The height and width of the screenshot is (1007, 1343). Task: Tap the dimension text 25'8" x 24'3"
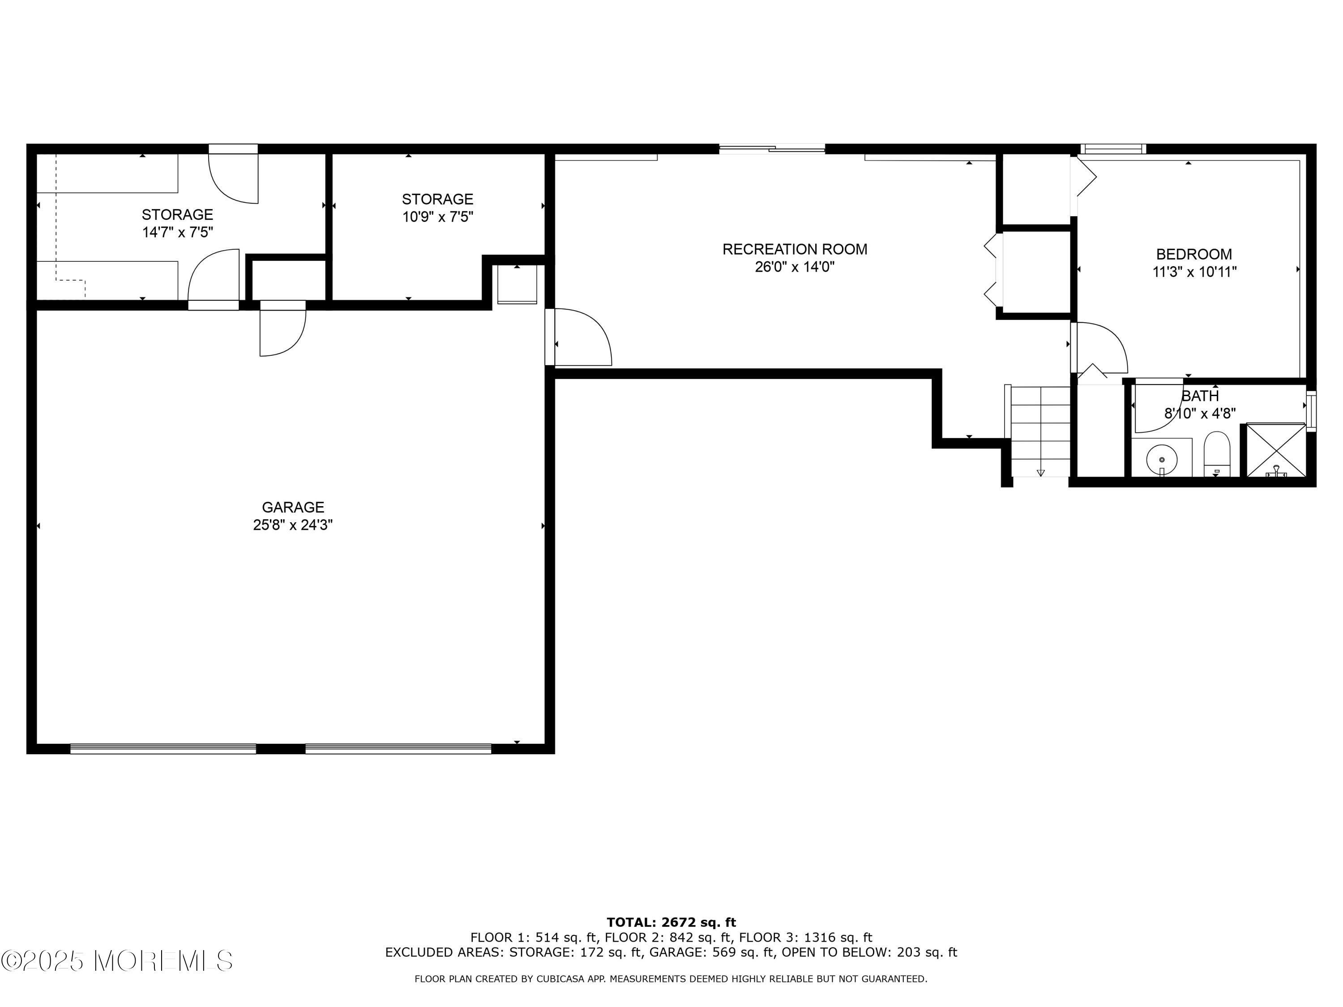(x=293, y=525)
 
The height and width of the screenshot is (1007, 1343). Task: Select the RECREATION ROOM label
(x=794, y=249)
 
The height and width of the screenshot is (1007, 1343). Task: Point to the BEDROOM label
(x=1193, y=254)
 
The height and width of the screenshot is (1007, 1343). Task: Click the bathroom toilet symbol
(x=1216, y=454)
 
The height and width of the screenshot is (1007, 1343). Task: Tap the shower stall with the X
(x=1275, y=450)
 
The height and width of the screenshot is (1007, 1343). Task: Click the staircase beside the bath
(x=1040, y=431)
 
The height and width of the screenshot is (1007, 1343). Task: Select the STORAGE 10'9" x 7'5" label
(x=437, y=208)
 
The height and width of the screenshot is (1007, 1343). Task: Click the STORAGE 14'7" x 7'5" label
(x=177, y=223)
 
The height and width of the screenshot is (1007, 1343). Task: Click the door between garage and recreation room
(x=580, y=337)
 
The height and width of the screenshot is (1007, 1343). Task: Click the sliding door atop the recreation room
(x=772, y=148)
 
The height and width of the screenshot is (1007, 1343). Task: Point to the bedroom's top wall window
(x=1113, y=149)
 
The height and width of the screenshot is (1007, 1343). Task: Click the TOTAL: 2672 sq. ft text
(x=671, y=922)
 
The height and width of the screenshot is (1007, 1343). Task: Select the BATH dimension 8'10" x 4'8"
(x=1200, y=414)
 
